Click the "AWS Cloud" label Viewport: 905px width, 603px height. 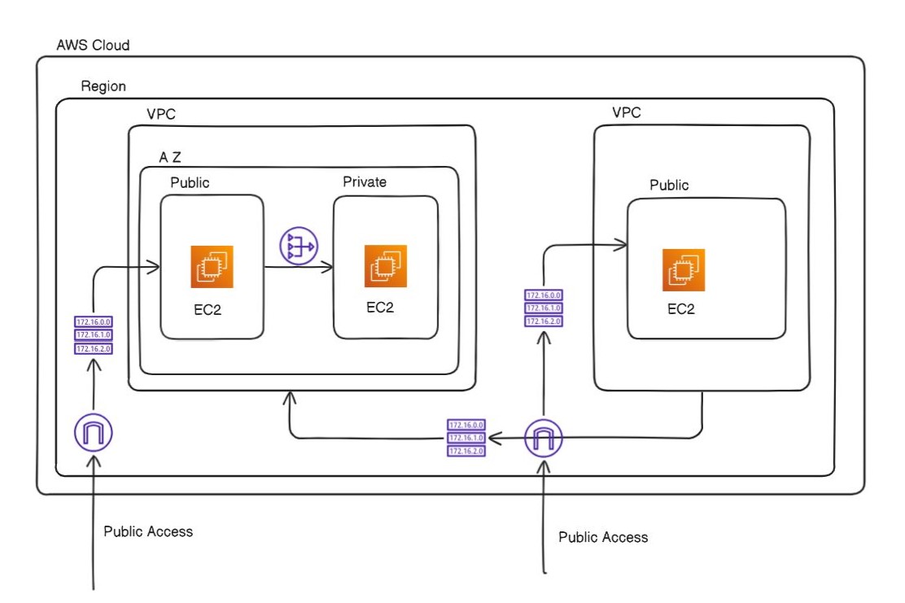pos(92,45)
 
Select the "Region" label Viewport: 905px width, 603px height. pos(103,86)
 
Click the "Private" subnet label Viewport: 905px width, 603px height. pos(364,181)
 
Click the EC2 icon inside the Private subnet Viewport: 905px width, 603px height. pos(386,266)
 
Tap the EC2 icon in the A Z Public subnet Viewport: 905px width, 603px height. pos(212,267)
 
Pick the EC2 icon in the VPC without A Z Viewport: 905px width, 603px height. pos(684,270)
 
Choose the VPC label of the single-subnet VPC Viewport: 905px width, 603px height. pos(626,112)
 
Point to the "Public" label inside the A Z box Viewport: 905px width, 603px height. pos(190,182)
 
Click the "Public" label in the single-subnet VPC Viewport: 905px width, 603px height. pos(669,186)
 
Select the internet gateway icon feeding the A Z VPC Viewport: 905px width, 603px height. pos(94,433)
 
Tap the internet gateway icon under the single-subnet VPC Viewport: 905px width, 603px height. pos(544,439)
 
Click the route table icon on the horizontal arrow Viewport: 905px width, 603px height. pos(466,438)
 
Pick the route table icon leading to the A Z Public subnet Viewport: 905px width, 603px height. pos(94,335)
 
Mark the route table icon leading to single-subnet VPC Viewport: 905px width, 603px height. pos(544,308)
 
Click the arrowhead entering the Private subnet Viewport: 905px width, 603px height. pos(328,266)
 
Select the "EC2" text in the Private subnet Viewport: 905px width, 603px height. pos(380,307)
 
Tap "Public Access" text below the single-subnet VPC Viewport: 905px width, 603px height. pos(603,537)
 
